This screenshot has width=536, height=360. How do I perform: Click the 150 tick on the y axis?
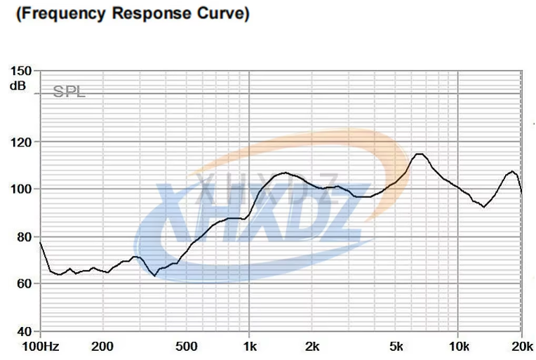pos(20,71)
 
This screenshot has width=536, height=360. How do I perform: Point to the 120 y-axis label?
pos(20,142)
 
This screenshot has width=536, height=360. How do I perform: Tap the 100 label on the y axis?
pos(20,189)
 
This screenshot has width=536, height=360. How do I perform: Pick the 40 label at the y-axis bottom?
pos(23,331)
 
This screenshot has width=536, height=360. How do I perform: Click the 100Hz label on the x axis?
pos(41,346)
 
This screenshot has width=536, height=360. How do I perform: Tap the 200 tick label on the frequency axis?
pos(103,346)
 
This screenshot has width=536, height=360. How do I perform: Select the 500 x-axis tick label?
pos(187,346)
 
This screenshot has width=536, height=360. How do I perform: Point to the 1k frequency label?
pos(250,346)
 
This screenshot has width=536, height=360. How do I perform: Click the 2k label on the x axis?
pos(313,346)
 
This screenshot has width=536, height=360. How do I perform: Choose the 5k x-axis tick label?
pos(396,346)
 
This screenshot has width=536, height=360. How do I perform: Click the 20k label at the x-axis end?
pos(521,346)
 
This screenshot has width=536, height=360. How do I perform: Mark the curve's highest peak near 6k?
pos(419,154)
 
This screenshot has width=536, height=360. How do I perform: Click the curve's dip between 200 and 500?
pos(154,276)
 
